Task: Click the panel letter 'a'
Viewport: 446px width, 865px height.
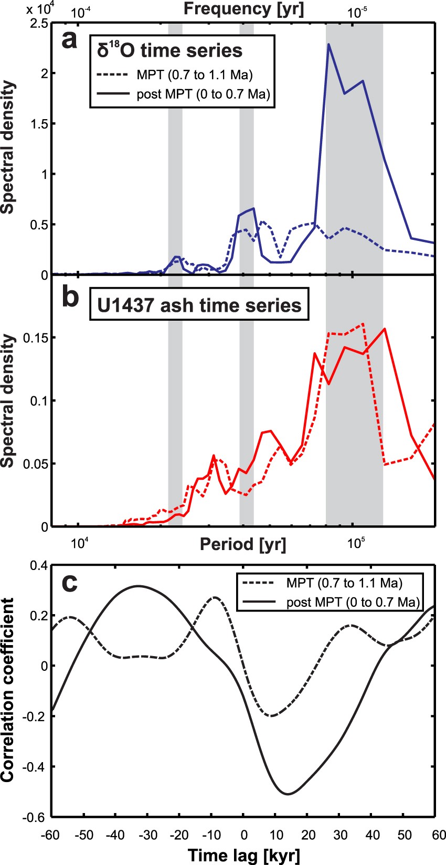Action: point(69,40)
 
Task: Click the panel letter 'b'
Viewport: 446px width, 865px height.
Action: point(70,297)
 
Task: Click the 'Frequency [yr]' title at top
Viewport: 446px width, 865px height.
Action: point(243,8)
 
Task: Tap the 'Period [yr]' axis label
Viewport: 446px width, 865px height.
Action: point(243,544)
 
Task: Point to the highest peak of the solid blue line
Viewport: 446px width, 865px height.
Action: point(328,44)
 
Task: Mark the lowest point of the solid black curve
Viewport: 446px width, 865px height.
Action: point(288,794)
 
